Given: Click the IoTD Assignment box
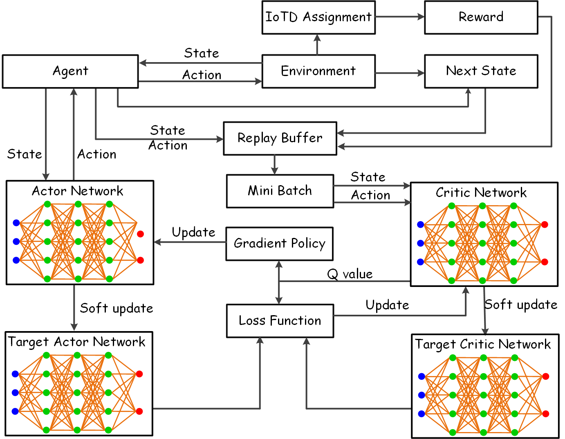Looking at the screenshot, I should (318, 17).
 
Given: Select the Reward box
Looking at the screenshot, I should (481, 17).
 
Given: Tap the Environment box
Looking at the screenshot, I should (318, 71).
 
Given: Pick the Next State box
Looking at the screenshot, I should (481, 71).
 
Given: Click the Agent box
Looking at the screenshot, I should (70, 71).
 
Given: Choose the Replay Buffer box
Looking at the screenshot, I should (280, 138).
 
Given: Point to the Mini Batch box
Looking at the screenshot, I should (280, 191).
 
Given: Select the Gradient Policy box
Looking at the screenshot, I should (279, 244).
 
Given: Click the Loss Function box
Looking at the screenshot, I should (280, 321).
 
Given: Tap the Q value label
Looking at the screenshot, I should (350, 274).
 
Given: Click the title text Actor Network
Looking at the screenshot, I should (78, 191).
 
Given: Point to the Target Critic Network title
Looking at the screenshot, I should (483, 344).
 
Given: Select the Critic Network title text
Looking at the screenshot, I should (481, 193).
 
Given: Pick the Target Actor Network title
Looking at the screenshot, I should (77, 342).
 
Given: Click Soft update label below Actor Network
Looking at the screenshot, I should (117, 308).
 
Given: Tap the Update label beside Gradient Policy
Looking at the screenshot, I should (193, 232).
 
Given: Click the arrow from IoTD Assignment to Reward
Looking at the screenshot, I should (400, 17).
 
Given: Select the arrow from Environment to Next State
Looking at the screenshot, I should (400, 73).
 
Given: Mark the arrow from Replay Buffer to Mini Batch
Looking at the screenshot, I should (274, 165).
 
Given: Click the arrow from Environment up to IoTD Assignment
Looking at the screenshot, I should (317, 44).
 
